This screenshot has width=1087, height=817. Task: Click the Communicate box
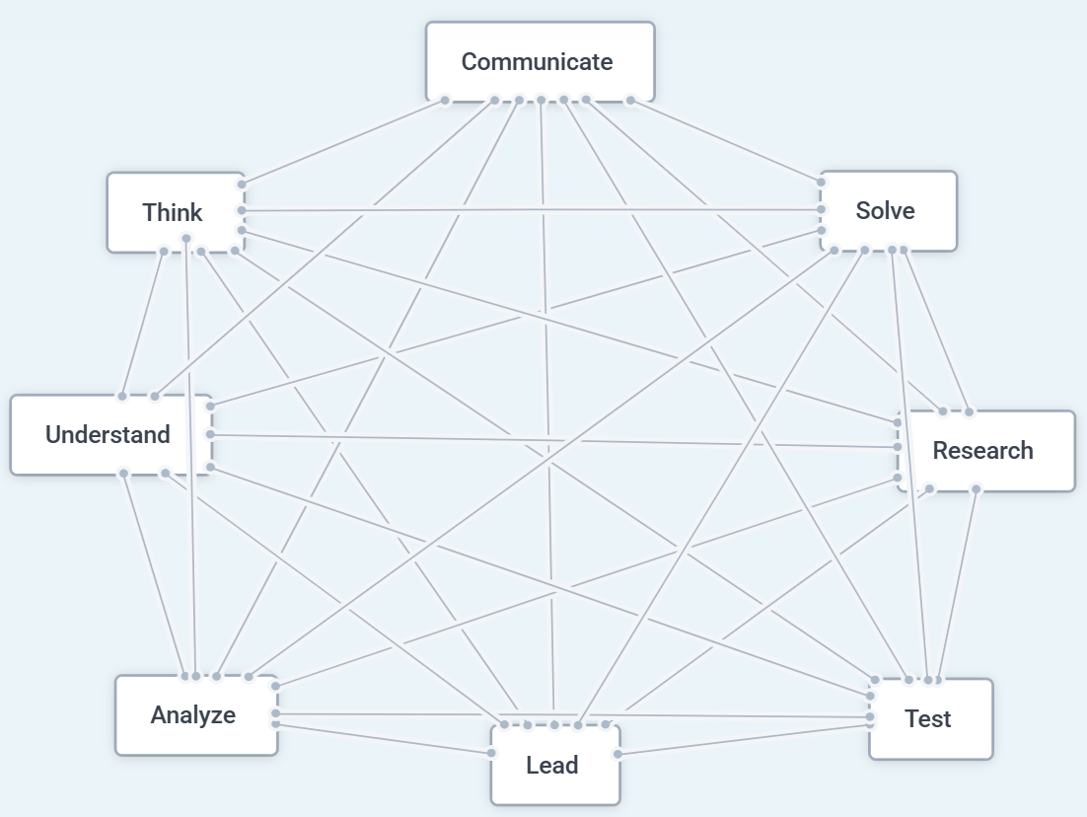540,61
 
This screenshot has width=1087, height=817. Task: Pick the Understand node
109,435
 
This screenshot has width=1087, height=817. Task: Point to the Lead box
554,766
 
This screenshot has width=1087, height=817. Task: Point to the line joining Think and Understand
143,324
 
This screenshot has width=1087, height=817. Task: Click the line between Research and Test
958,583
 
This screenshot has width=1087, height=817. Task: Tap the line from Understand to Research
552,440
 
